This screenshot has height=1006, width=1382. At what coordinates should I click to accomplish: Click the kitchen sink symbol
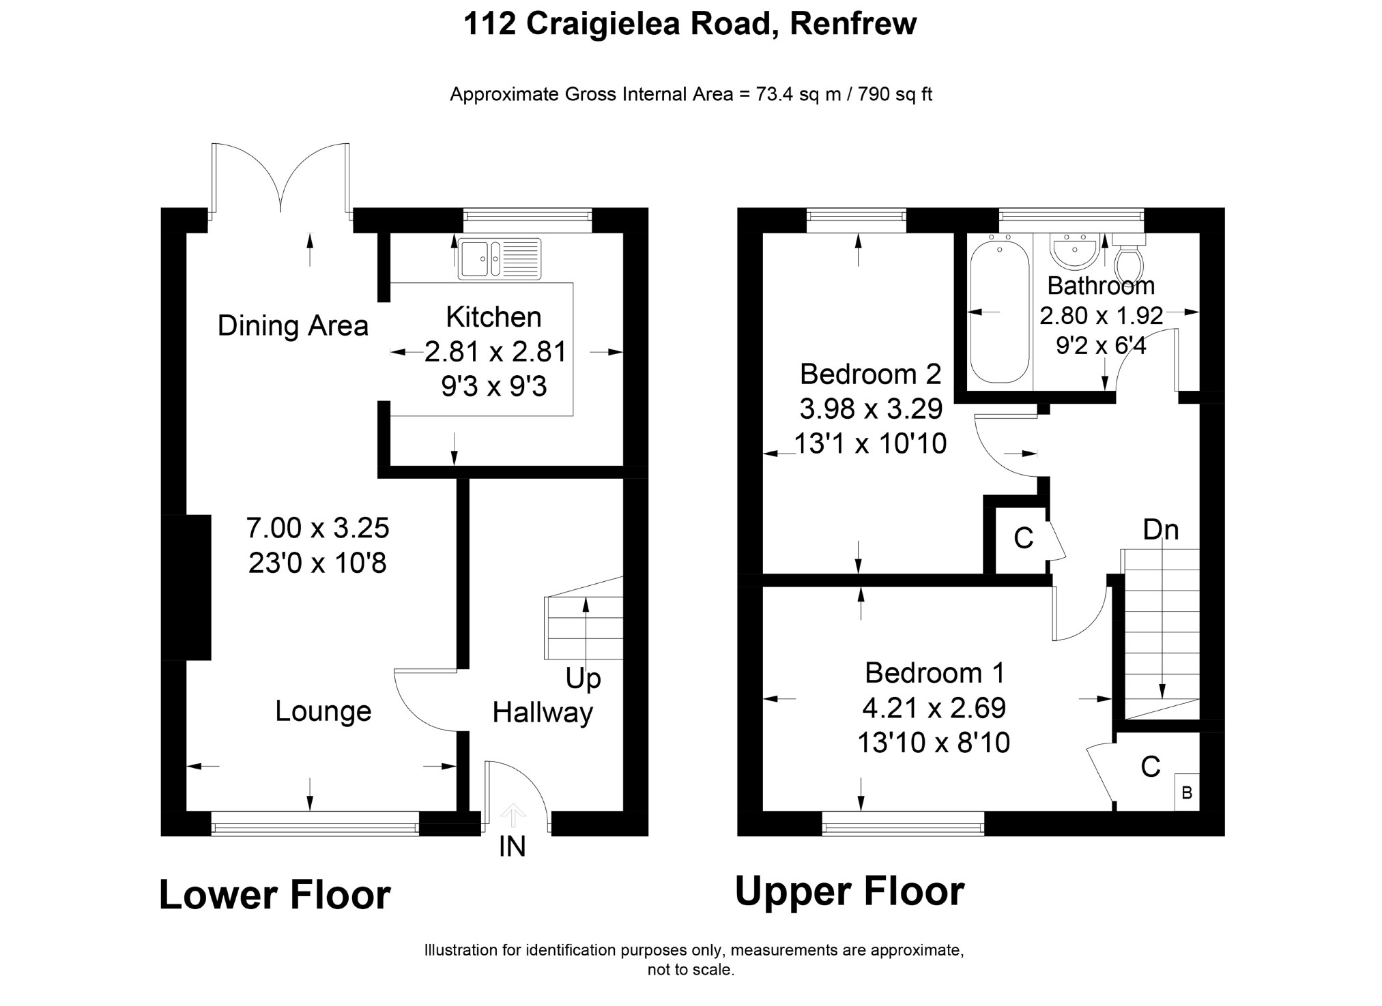500,258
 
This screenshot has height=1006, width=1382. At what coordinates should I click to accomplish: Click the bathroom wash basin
1074,252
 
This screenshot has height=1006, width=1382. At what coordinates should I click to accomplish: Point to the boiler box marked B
1187,793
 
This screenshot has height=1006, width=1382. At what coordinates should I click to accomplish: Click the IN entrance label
513,846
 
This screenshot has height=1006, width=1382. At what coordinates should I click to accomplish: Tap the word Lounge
323,711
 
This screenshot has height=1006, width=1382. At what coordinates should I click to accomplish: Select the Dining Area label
293,325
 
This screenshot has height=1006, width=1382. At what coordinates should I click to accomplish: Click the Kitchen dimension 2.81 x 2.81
495,352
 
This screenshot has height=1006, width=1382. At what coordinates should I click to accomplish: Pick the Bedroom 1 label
934,672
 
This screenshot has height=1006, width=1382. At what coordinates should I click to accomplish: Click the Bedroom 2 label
870,374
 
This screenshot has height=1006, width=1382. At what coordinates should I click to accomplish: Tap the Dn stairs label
1161,529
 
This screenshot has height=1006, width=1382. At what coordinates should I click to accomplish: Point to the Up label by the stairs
583,679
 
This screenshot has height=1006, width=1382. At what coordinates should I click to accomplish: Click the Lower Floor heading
274,895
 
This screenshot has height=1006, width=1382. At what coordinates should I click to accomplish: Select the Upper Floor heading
849,891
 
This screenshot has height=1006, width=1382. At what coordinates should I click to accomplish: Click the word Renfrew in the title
853,24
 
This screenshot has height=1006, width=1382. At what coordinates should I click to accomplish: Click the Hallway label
543,713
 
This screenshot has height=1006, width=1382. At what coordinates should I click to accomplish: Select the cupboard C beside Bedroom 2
1023,538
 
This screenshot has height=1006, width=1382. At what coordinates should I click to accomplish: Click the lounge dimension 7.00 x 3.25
317,528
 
